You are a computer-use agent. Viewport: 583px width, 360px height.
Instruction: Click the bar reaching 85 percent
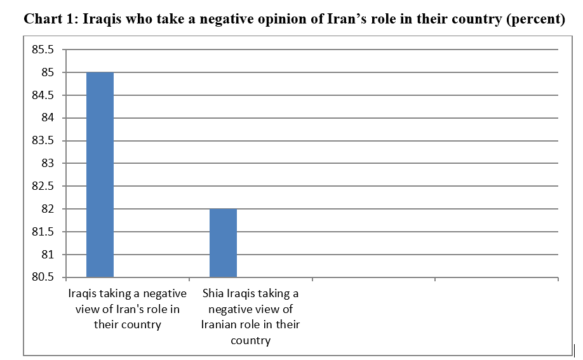point(100,175)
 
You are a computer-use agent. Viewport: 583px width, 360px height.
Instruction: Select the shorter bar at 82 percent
point(223,243)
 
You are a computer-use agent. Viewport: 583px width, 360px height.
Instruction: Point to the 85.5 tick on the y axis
point(43,50)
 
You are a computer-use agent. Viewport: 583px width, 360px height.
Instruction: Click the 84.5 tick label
point(43,96)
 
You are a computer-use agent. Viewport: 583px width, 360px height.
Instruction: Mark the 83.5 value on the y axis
point(43,141)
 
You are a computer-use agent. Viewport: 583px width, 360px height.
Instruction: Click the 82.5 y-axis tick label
point(43,187)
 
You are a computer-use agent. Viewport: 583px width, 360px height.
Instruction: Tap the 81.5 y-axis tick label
point(43,232)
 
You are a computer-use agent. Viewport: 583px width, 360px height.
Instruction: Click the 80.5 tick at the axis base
point(43,277)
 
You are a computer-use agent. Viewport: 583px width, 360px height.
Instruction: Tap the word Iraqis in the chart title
point(102,18)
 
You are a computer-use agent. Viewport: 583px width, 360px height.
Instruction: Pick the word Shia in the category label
point(213,294)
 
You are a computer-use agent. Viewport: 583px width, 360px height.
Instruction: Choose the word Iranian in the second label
point(219,324)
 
